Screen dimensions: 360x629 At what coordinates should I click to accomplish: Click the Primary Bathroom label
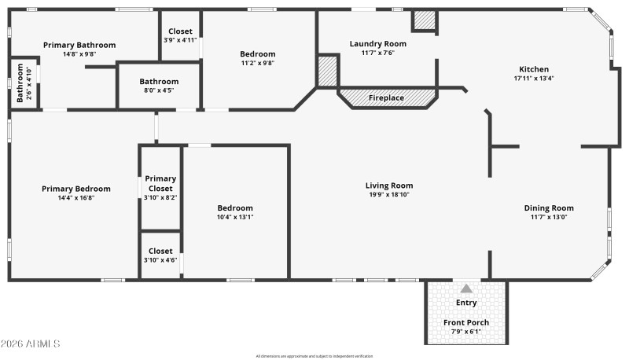pyautogui.click(x=79, y=45)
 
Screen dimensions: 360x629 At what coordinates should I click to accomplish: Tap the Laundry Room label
pyautogui.click(x=377, y=43)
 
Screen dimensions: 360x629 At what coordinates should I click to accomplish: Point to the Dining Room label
pyautogui.click(x=549, y=208)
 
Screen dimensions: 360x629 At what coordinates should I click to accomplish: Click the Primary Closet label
pyautogui.click(x=160, y=183)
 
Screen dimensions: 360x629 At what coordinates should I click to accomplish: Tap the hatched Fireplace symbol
pyautogui.click(x=387, y=98)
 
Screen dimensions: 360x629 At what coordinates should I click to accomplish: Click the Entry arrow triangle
pyautogui.click(x=466, y=288)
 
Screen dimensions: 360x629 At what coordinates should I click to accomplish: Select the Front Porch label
pyautogui.click(x=466, y=322)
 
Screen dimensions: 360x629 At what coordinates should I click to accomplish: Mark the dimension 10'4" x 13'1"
pyautogui.click(x=235, y=217)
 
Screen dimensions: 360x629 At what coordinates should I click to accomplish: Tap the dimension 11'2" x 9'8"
pyautogui.click(x=257, y=63)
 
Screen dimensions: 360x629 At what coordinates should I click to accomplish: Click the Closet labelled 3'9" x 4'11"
pyautogui.click(x=180, y=35)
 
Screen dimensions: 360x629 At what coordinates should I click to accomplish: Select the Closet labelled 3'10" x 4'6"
pyautogui.click(x=160, y=255)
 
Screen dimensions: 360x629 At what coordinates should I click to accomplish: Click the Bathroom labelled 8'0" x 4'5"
pyautogui.click(x=159, y=86)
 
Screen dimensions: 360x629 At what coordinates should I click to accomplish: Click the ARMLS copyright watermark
pyautogui.click(x=31, y=344)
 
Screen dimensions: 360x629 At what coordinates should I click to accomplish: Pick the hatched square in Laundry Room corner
pyautogui.click(x=425, y=20)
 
